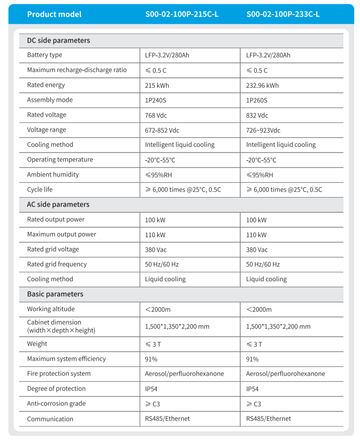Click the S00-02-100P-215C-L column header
(182, 15)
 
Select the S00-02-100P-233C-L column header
(283, 15)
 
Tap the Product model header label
(54, 15)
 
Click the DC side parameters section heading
(59, 40)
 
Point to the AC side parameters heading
(58, 204)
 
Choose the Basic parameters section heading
(55, 294)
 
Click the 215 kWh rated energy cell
(157, 85)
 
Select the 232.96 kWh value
(262, 85)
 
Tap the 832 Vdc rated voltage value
(257, 115)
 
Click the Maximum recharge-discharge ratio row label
(77, 70)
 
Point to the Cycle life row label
(40, 190)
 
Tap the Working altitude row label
(51, 309)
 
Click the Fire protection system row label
(59, 374)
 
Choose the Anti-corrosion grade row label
(57, 404)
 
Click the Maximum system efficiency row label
(66, 359)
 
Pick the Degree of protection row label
(56, 389)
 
